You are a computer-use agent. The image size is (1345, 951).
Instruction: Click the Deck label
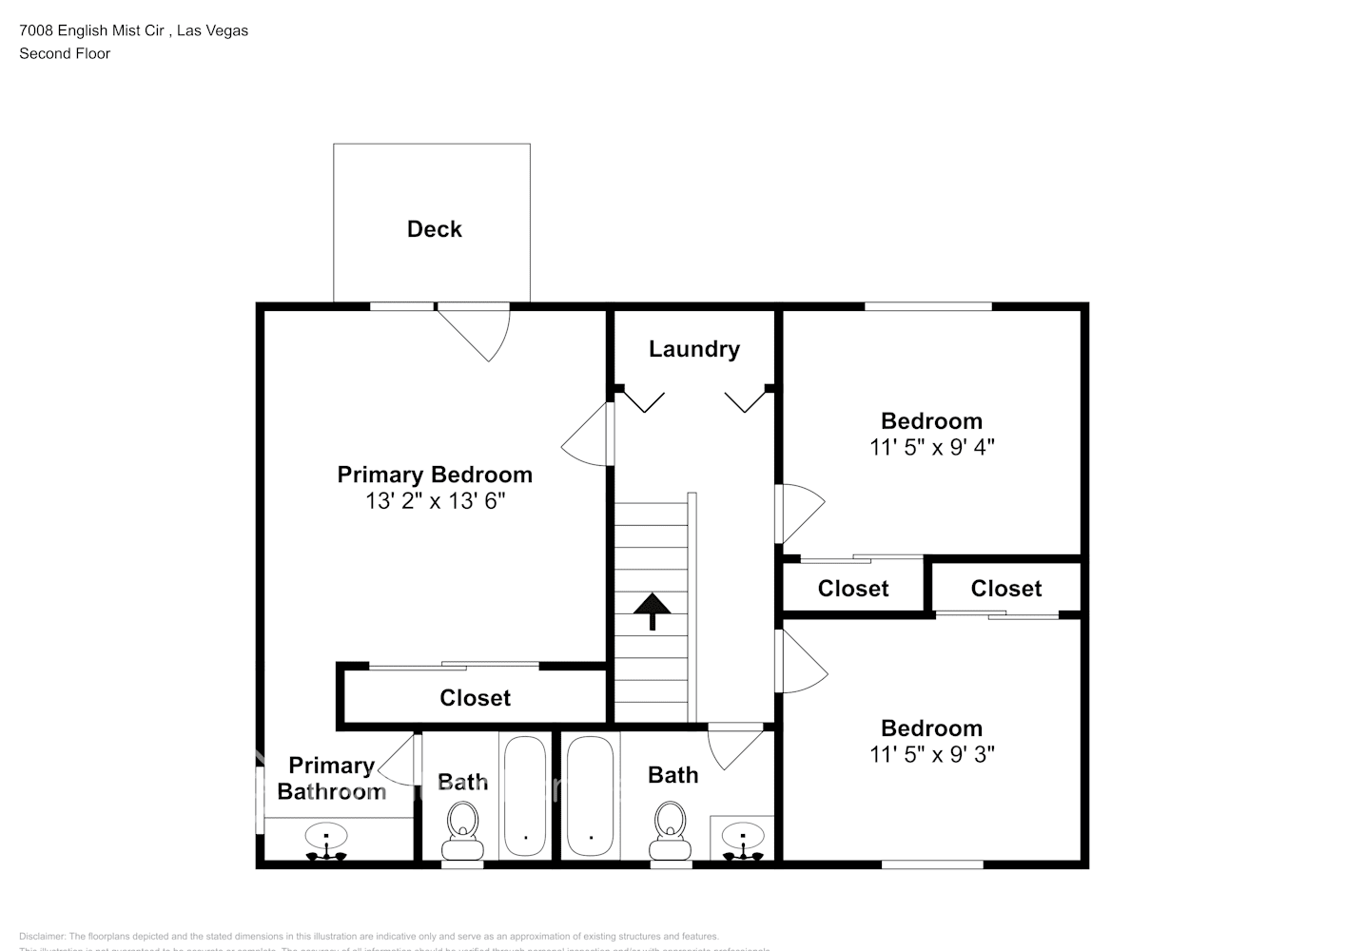pos(434,229)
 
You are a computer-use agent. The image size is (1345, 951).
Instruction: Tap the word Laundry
pos(693,349)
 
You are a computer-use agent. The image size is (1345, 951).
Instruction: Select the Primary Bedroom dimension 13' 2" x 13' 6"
pos(435,501)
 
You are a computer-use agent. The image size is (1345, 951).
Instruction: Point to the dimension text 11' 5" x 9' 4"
pos(931,447)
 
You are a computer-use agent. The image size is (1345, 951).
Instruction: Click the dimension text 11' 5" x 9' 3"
pos(931,754)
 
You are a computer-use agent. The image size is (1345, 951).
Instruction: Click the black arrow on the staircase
pos(653,611)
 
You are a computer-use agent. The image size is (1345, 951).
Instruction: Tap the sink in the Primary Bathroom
pos(326,839)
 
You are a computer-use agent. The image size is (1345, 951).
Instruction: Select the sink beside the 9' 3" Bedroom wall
pos(742,839)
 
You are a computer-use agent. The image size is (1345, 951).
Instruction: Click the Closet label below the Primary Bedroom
pos(475,698)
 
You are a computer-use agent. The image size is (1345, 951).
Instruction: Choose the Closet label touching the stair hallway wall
pos(852,589)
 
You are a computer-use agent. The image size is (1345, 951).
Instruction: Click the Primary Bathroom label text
pos(330,778)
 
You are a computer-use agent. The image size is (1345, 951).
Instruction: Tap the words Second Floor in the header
pos(65,53)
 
